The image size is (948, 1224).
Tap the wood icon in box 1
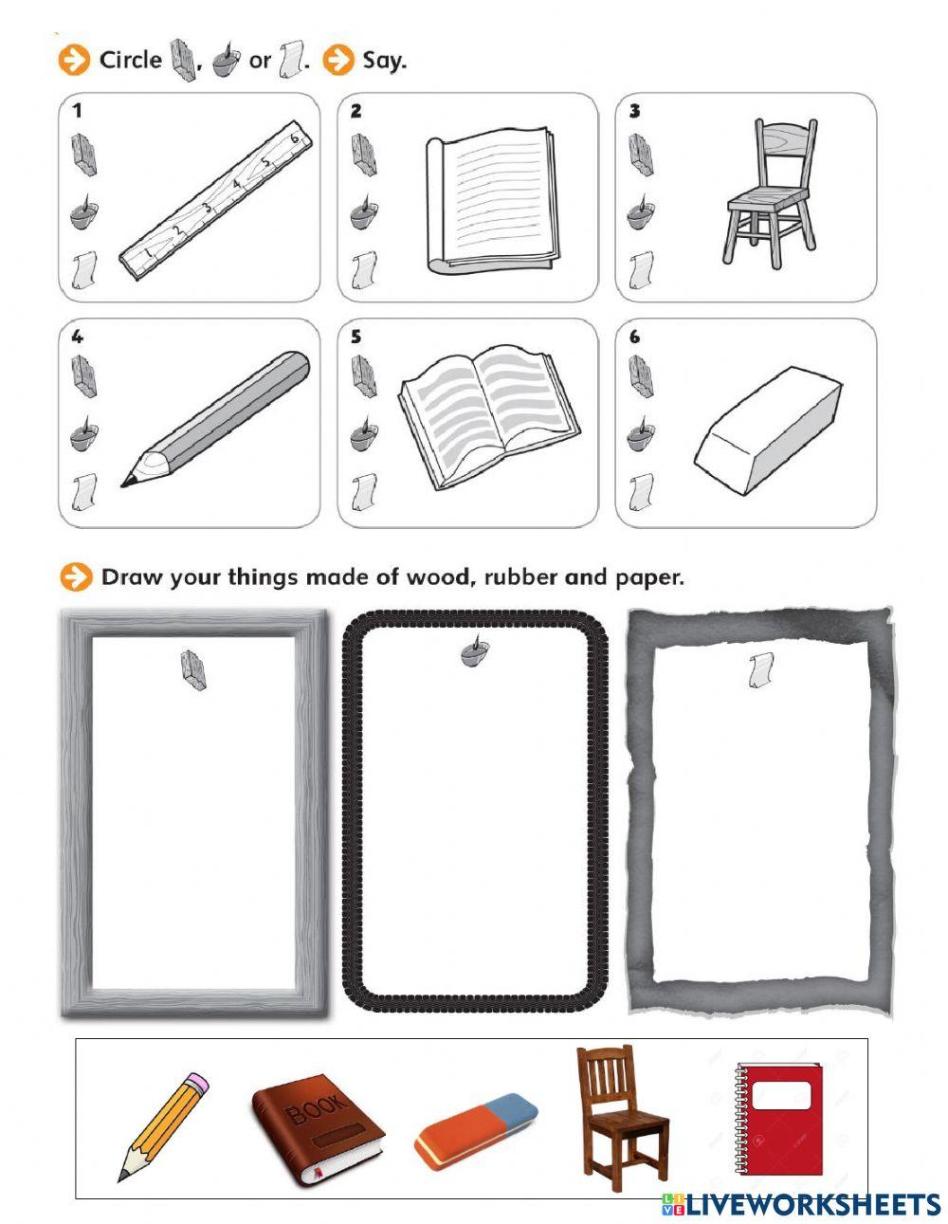(83, 155)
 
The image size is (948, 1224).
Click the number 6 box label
(635, 338)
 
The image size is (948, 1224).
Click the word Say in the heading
(384, 62)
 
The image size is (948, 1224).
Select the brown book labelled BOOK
(318, 1129)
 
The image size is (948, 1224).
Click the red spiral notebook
(777, 1118)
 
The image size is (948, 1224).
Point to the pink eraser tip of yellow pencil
(196, 1083)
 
